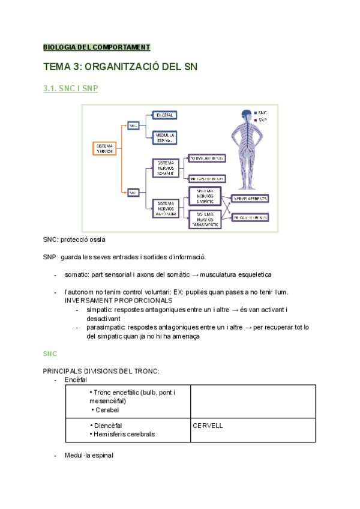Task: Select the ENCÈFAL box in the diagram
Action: pyautogui.click(x=164, y=115)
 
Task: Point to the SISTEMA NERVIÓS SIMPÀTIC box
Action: pyautogui.click(x=205, y=194)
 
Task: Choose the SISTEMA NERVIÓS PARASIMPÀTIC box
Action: pyautogui.click(x=205, y=219)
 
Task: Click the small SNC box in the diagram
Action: pyautogui.click(x=134, y=125)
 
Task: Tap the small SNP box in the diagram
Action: pyautogui.click(x=134, y=192)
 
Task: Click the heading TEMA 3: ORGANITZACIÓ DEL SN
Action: pyautogui.click(x=121, y=67)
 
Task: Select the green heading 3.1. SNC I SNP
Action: pyautogui.click(x=70, y=89)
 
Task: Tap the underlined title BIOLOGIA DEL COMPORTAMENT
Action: pyautogui.click(x=96, y=47)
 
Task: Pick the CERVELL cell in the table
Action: pyautogui.click(x=208, y=425)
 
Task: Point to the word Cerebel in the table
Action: pyautogui.click(x=107, y=409)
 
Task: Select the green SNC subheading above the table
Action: pyautogui.click(x=50, y=354)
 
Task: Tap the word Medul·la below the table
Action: pyautogui.click(x=77, y=456)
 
